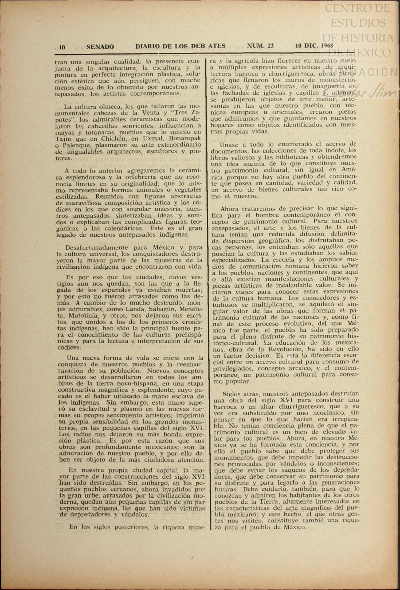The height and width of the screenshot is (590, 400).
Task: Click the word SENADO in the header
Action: (x=100, y=47)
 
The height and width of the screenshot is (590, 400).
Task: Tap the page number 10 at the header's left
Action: (x=62, y=47)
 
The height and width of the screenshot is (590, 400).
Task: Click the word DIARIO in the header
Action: (x=147, y=46)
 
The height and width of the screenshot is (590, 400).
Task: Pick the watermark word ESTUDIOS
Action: (x=358, y=23)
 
